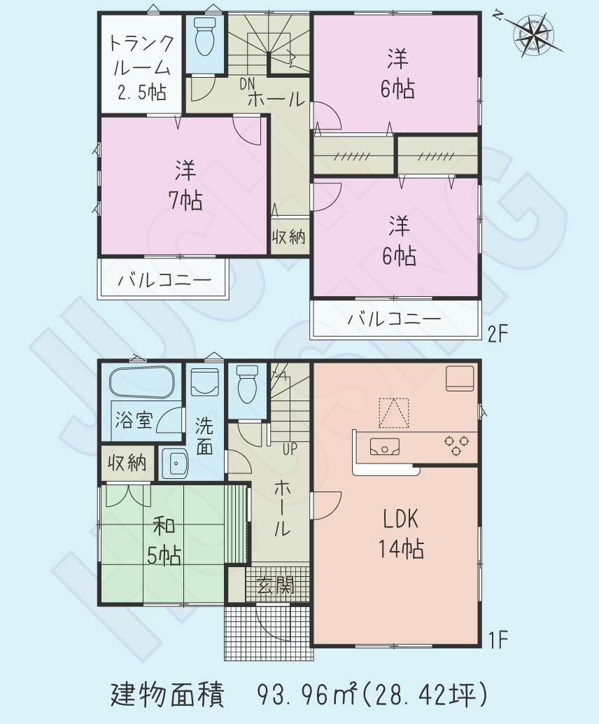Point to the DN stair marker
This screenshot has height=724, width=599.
247,84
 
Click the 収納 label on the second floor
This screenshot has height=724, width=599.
288,237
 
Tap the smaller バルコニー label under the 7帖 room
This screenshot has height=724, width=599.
164,281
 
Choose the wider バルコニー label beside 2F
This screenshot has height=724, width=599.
395,319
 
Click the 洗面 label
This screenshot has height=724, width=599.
204,436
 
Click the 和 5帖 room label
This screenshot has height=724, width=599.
164,541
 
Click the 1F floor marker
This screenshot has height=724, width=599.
498,639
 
